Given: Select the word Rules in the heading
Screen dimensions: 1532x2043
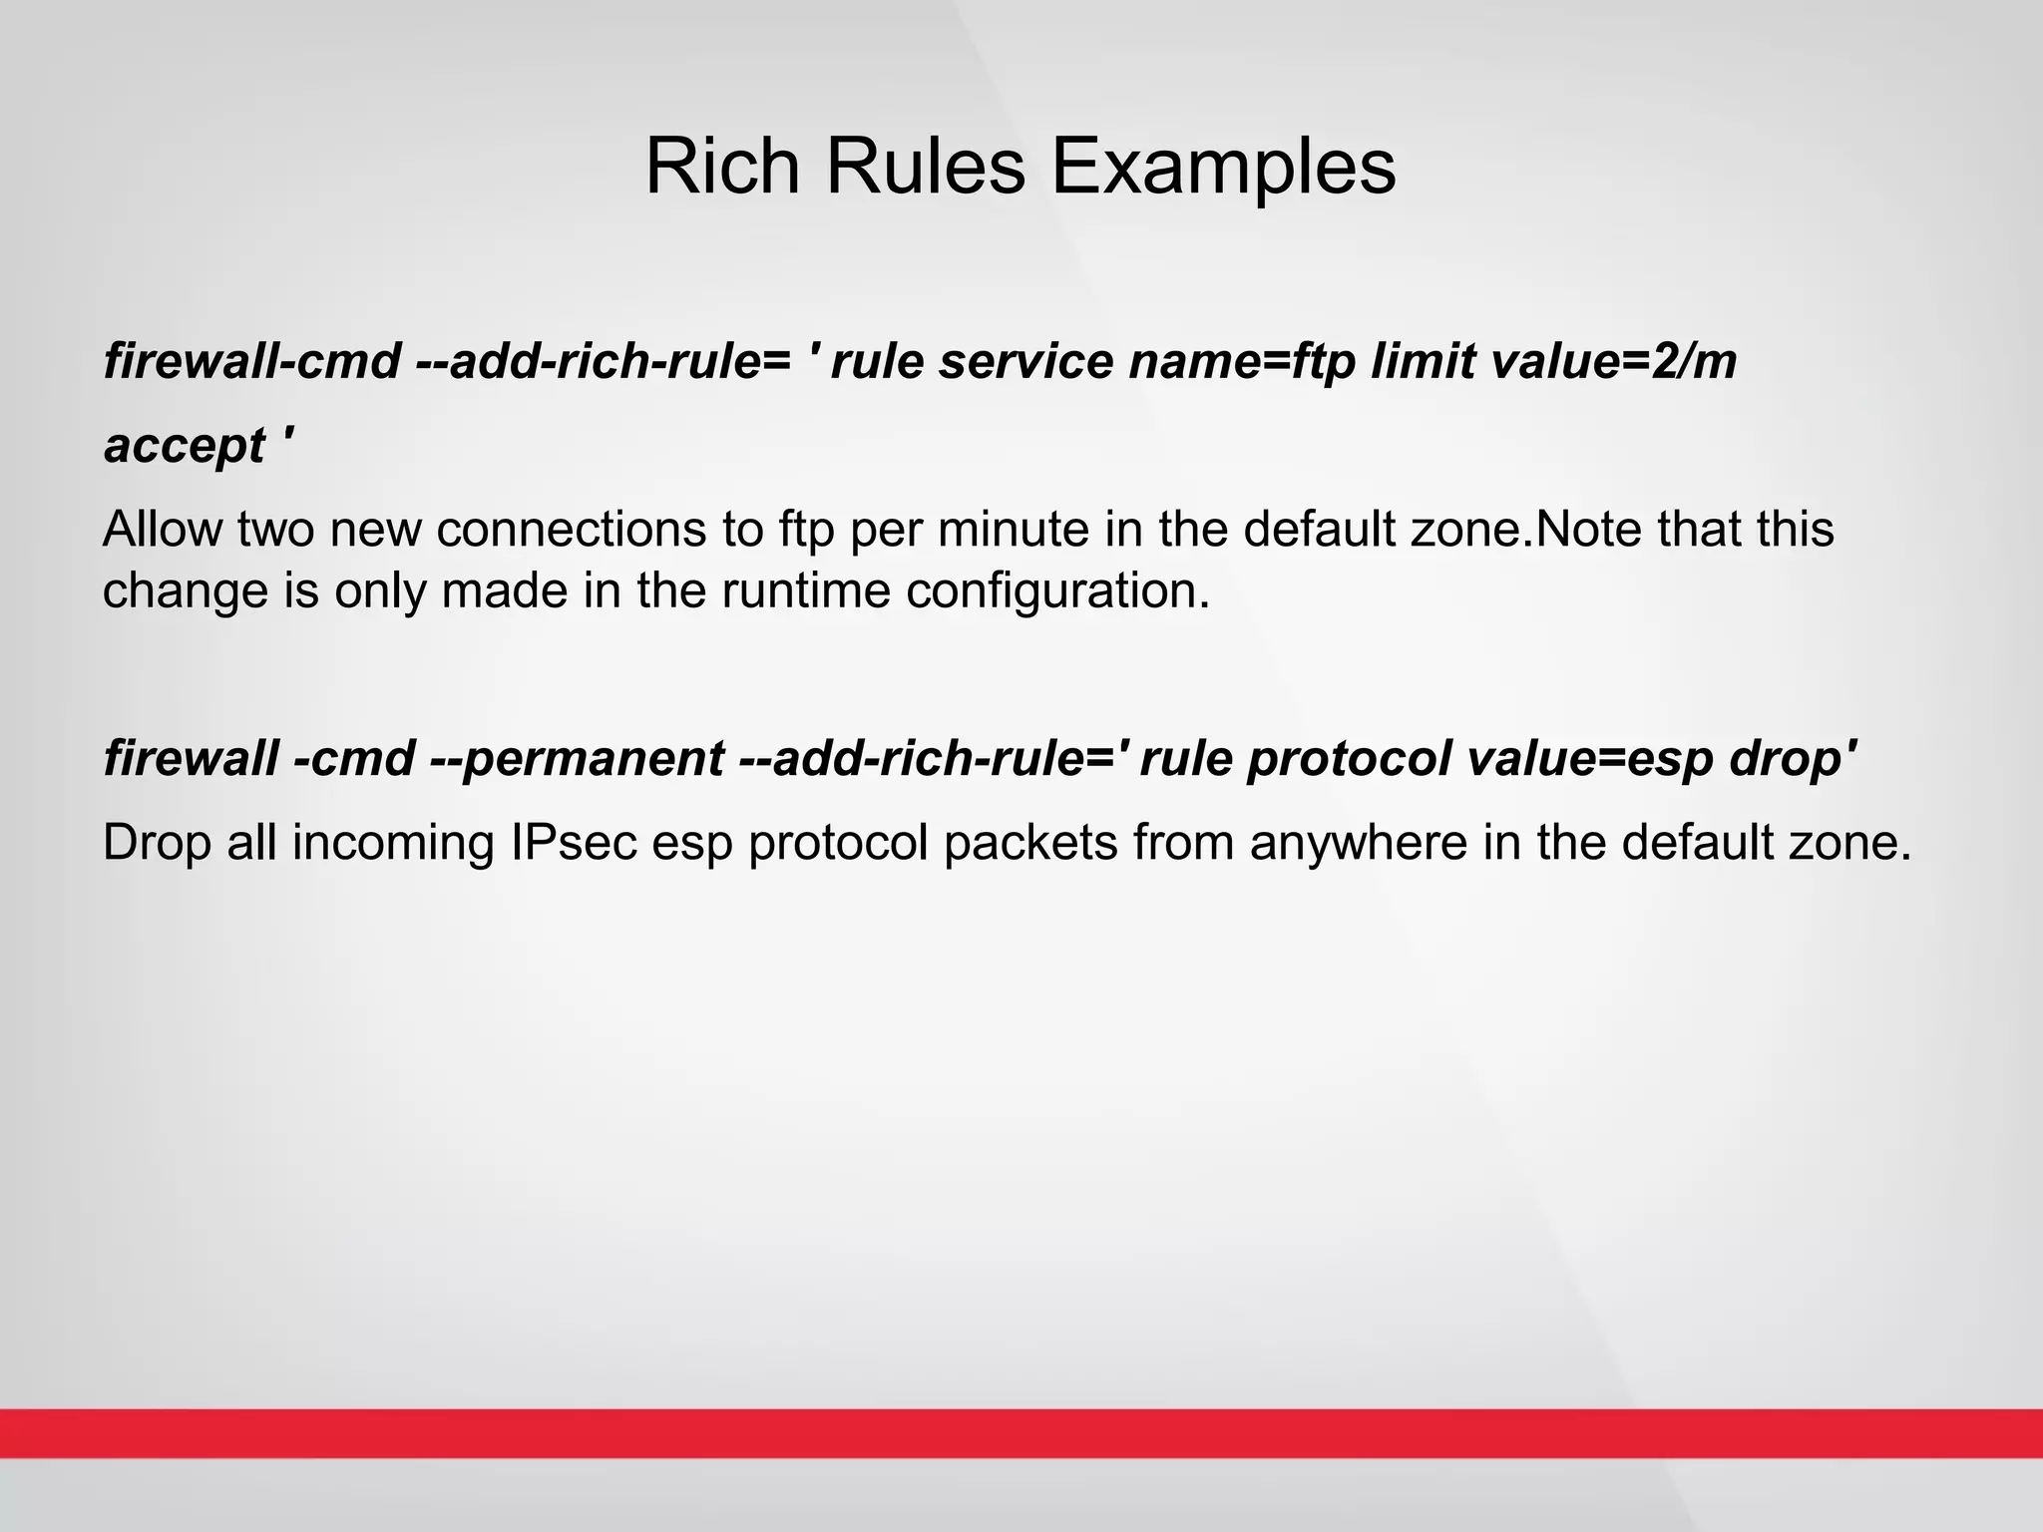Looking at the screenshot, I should point(925,166).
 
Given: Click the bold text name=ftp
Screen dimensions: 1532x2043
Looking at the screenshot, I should point(1241,361).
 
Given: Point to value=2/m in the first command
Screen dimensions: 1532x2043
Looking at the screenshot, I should point(1613,361).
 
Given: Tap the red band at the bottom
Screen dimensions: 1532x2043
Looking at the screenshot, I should point(1021,1433).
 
